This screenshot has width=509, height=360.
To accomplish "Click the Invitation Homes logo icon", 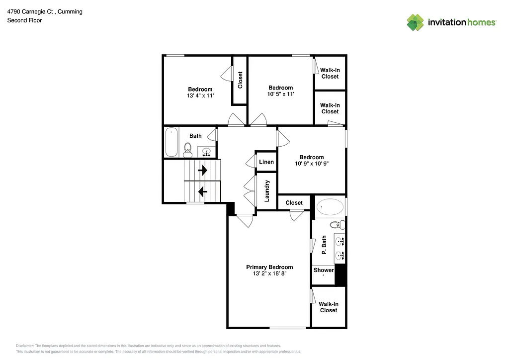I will pos(415,22).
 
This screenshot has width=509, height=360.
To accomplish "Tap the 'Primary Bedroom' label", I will pos(269,267).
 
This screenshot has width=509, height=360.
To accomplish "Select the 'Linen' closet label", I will pos(266,162).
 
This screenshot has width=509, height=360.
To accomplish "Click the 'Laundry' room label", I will pos(267,190).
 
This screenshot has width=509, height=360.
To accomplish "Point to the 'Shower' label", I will pos(324,270).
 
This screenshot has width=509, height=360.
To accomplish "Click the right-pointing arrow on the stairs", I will pos(203,171).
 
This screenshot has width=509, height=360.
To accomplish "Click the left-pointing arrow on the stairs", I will pos(203,191).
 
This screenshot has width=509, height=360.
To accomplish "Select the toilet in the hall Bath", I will pos(188,149).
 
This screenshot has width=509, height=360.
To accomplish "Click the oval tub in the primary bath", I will pos(330,206).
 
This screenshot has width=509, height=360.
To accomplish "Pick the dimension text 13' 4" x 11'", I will pos(200,95).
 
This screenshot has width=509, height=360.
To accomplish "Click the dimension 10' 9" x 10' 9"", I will pos(312,164).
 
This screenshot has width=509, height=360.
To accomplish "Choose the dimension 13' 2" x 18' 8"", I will pos(269,273).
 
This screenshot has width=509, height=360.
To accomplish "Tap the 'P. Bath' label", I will pos(324,245).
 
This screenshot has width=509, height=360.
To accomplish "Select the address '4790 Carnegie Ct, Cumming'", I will pos(45,11).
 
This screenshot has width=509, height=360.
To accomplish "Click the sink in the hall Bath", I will pos(207,152).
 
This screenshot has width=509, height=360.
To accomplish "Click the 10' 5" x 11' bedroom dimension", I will pos(281,94).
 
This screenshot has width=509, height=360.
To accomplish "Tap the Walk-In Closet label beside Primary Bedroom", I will pos(328,307).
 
